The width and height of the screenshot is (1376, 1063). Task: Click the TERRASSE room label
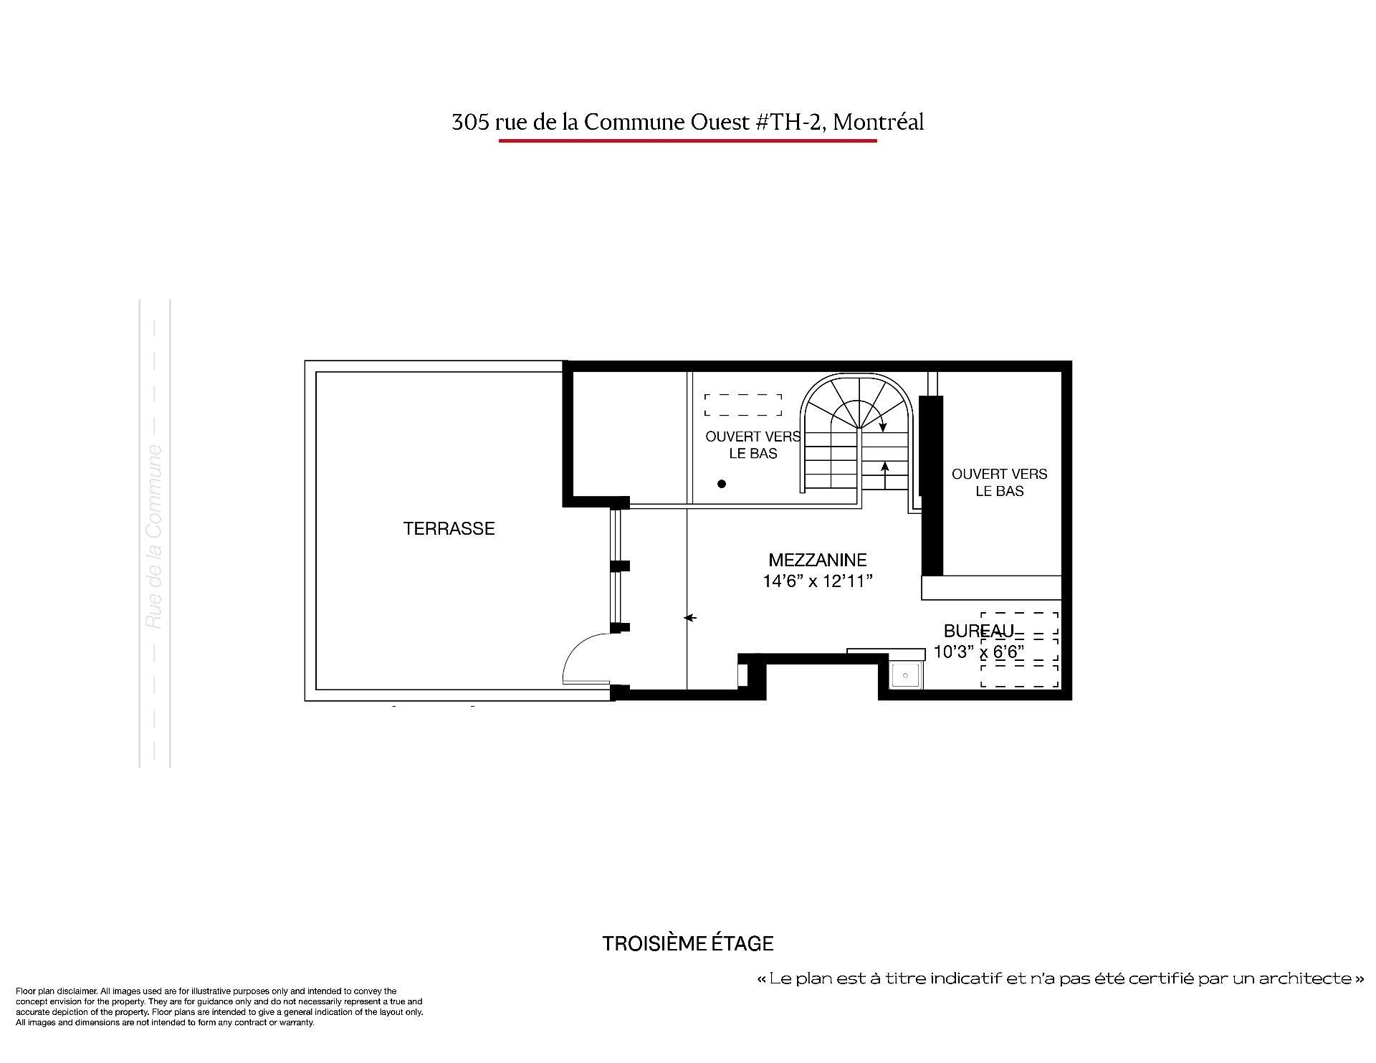click(x=449, y=529)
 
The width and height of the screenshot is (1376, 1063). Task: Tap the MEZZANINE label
click(x=818, y=560)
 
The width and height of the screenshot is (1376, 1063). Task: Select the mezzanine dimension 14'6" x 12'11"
click(x=818, y=581)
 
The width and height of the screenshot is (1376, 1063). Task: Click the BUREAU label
click(x=979, y=631)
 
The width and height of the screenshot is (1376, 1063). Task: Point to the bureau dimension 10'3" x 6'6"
click(x=979, y=652)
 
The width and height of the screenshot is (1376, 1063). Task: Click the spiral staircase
click(x=856, y=434)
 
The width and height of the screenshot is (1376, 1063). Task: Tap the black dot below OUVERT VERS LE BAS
click(x=722, y=484)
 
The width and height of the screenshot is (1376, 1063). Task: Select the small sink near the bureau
click(x=907, y=675)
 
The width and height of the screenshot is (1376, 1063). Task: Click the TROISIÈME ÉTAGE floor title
click(x=688, y=944)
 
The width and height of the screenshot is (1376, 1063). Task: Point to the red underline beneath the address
click(x=688, y=140)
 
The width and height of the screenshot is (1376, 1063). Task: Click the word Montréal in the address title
click(x=879, y=123)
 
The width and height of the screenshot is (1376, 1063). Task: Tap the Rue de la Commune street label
click(x=154, y=538)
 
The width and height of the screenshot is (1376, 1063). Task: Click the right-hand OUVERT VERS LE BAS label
click(x=1000, y=482)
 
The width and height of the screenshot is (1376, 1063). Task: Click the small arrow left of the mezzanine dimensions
click(x=691, y=617)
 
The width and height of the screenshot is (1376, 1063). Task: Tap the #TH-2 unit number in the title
click(x=790, y=123)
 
